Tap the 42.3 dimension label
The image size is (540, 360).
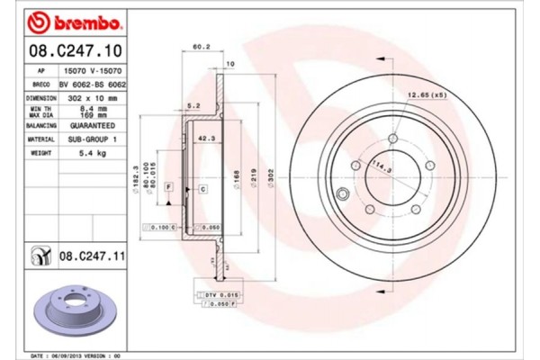click(206, 138)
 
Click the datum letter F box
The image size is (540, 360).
click(167, 184)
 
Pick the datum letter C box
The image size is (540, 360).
click(203, 188)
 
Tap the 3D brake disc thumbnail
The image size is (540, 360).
click(76, 310)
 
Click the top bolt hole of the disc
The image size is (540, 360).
click(393, 138)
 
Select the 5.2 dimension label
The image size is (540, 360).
click(192, 105)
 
